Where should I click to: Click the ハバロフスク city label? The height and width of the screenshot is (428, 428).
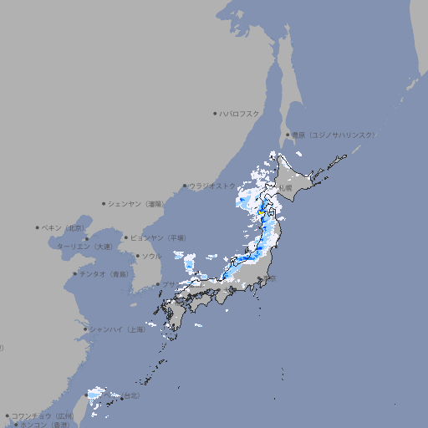241,113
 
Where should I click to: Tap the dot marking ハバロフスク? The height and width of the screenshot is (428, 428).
215,113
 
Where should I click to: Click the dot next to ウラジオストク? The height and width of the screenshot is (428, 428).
185,186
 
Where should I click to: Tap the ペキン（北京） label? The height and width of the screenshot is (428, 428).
64,227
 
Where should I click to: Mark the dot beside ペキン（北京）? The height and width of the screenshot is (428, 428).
38,227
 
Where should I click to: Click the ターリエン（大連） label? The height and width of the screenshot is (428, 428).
84,247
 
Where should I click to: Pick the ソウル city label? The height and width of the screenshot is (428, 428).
151,256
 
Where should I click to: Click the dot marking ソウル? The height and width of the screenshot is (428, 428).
136,257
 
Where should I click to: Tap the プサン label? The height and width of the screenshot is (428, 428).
170,284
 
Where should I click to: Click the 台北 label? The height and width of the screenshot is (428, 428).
132,395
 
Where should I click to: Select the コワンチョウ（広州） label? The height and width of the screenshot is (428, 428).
42,415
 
